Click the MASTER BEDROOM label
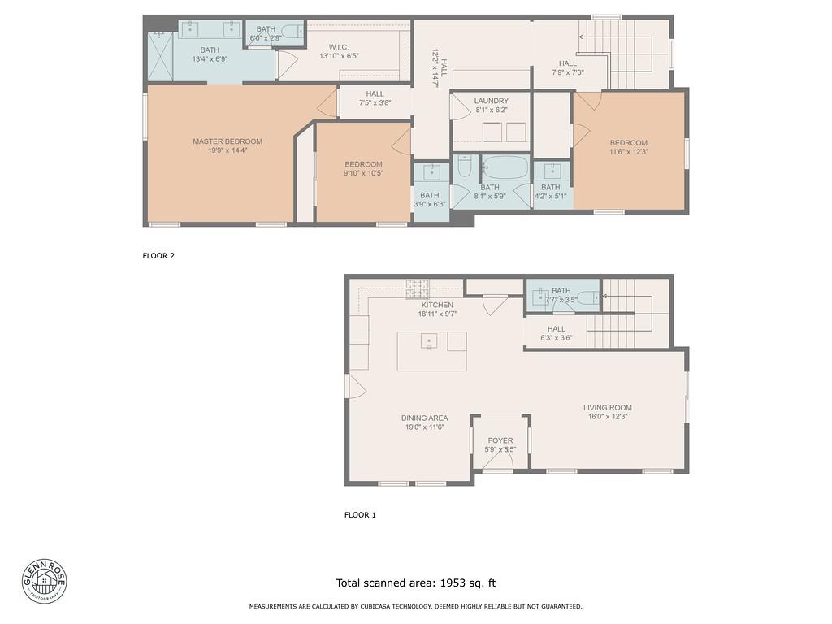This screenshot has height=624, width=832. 227,141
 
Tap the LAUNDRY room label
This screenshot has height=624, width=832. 492,101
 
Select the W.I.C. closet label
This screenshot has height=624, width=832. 340,47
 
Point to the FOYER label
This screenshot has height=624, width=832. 500,440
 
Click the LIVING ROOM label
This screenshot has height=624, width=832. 607,408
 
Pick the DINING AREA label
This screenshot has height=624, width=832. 424,418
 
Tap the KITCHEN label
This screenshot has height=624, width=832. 437,305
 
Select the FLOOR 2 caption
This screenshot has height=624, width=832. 158,256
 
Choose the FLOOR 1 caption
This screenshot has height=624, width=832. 360,515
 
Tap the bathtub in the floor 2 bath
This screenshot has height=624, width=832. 505,169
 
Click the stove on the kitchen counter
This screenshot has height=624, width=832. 418,288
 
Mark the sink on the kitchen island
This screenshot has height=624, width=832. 428,341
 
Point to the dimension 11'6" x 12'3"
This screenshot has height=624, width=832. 629,152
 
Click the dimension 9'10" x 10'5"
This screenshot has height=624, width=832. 363,173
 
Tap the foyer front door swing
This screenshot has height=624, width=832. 497,463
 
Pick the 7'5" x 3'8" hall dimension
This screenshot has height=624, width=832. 375,103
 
